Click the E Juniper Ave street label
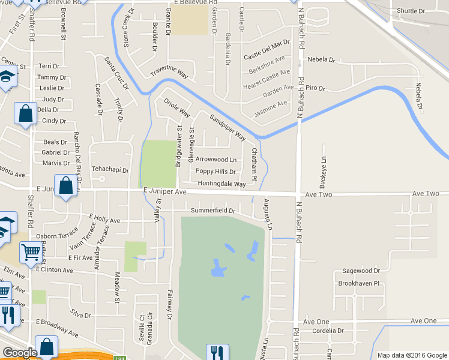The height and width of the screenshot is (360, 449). (164, 191)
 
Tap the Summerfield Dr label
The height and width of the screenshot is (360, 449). (212, 211)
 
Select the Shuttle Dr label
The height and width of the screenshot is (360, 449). (411, 11)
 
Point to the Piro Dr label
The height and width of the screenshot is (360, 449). (315, 88)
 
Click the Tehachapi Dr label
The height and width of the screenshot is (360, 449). (110, 170)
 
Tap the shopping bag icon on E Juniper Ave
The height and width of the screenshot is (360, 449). (66, 185)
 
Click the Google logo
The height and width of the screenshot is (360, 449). (20, 353)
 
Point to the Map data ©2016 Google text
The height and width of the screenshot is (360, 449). (411, 355)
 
